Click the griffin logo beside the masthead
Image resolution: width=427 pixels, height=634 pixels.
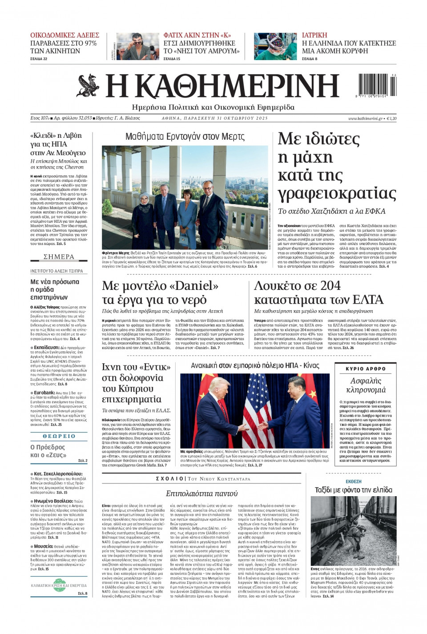[x=88, y=86]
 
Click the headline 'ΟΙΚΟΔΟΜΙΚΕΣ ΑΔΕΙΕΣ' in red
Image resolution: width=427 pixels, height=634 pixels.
[x=64, y=35]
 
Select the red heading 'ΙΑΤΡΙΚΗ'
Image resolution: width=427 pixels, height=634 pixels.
[x=314, y=35]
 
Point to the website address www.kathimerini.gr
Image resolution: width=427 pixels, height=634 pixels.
[x=365, y=118]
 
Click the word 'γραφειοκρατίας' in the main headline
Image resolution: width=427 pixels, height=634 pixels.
[x=337, y=194]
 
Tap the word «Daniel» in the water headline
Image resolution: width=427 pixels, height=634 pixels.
[x=194, y=285]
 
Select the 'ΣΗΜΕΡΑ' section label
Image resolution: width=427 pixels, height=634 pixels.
[x=59, y=257]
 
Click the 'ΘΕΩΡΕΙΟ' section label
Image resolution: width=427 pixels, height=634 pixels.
[x=59, y=436]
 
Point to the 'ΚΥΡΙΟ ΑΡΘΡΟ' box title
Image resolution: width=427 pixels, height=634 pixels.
[x=366, y=369]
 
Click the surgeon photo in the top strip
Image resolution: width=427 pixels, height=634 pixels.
[x=275, y=46]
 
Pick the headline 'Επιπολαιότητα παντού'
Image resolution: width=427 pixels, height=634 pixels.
[x=201, y=494]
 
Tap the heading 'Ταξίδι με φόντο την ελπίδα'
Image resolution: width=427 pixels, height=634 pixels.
[x=354, y=490]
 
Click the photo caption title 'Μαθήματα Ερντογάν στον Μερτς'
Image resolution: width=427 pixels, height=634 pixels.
[x=185, y=136]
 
